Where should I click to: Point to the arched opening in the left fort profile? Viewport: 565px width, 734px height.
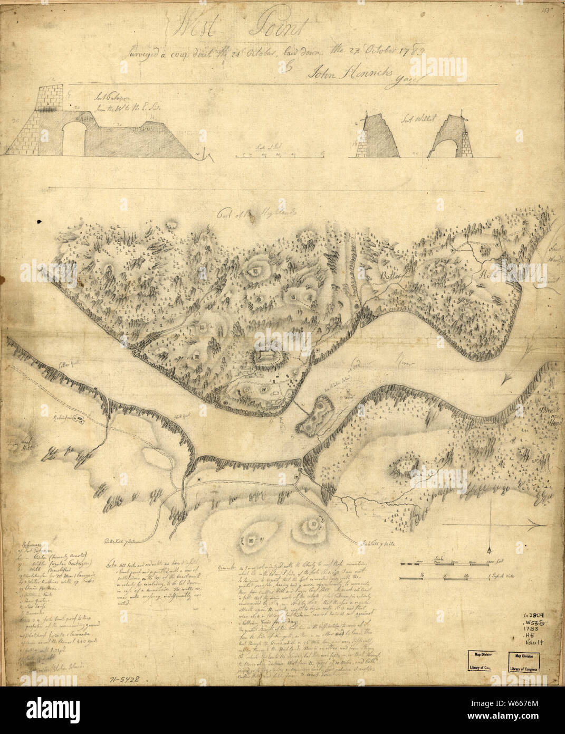[x=72, y=139]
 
